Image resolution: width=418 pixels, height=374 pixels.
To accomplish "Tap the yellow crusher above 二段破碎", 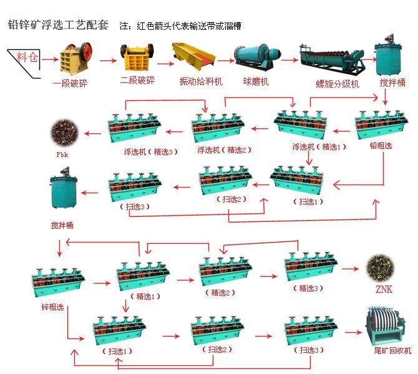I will (137, 57).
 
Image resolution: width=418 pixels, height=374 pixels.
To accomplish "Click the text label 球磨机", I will (255, 81).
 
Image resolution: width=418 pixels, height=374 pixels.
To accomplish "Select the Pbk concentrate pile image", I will (65, 133).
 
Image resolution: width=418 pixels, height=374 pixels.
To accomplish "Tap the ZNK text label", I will (383, 289).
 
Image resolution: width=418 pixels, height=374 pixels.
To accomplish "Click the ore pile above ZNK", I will (382, 267).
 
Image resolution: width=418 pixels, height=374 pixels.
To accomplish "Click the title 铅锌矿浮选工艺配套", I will (57, 26).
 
